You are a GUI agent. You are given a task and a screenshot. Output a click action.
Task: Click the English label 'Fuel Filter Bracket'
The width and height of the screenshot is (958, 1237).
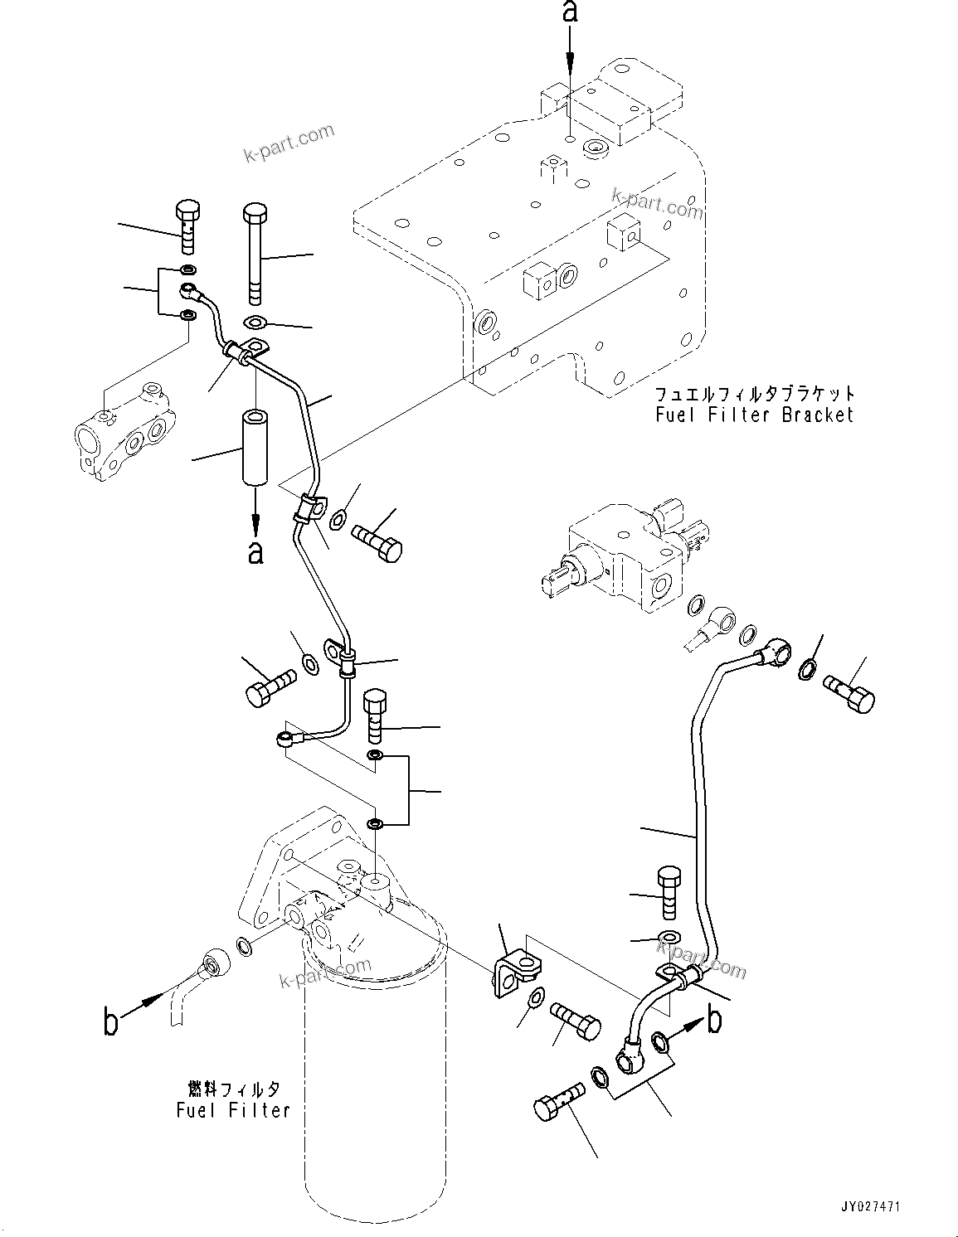(754, 415)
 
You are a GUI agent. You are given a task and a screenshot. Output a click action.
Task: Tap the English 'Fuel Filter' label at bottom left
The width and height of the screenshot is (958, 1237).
(233, 1109)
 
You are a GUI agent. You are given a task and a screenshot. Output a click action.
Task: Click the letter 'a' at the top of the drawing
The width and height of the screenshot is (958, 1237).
(570, 12)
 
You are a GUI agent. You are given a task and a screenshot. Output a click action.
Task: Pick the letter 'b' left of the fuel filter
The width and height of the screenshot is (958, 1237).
(110, 1022)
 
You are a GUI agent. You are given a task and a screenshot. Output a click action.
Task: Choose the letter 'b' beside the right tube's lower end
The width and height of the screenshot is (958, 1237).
(714, 1021)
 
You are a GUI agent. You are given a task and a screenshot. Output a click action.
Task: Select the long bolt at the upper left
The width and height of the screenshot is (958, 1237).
(255, 254)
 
